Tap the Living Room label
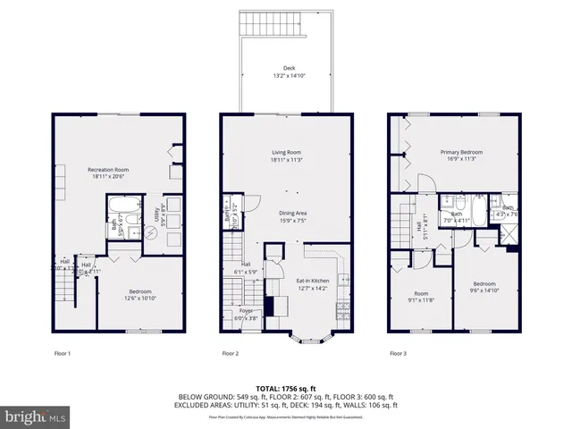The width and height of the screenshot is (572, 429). click(x=286, y=156)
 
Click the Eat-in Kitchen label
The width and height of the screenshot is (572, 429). click(x=313, y=284)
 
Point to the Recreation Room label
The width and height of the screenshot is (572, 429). click(x=109, y=172)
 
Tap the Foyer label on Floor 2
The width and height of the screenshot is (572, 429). click(x=245, y=314)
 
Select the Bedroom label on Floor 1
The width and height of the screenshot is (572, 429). click(x=139, y=294)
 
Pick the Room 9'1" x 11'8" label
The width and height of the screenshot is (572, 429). click(x=421, y=296)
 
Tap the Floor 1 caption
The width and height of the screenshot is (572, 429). click(x=63, y=354)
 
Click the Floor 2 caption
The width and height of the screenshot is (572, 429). click(x=231, y=354)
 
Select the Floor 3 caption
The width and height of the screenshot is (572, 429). click(x=398, y=354)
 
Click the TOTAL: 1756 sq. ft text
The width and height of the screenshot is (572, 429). click(x=286, y=387)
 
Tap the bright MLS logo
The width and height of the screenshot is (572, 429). click(x=36, y=416)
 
